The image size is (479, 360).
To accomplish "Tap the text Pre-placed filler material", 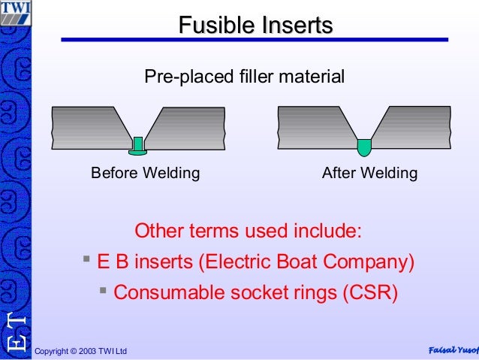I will [x=244, y=76].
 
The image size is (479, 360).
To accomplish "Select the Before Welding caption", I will [x=146, y=174].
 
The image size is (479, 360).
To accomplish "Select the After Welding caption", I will [x=369, y=174].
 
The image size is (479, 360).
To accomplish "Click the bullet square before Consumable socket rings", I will [x=103, y=289].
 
